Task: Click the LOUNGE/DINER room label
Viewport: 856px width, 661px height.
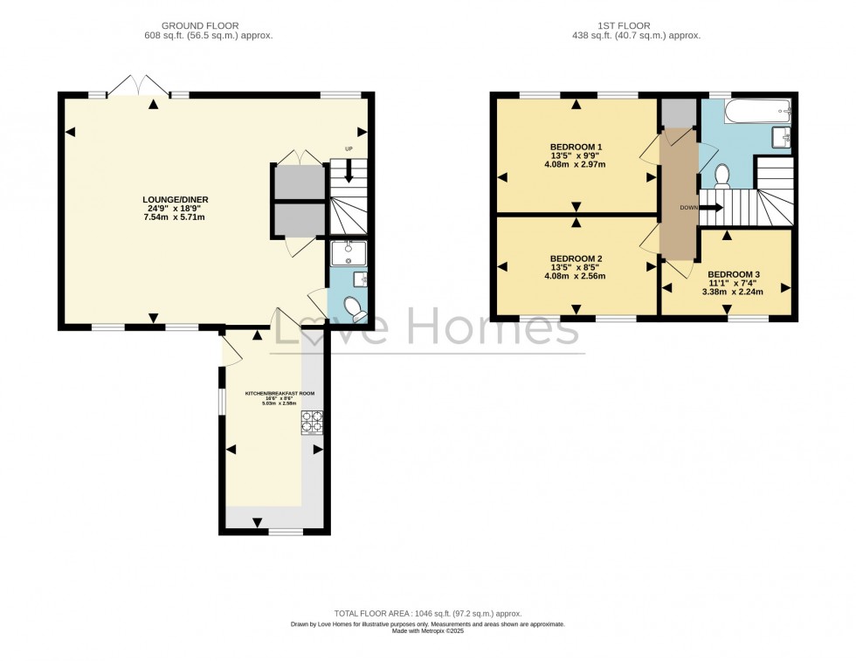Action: (x=176, y=199)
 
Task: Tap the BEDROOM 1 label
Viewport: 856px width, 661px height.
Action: (x=576, y=146)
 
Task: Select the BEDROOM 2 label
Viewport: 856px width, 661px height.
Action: (x=576, y=258)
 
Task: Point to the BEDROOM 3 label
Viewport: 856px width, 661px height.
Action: (x=733, y=274)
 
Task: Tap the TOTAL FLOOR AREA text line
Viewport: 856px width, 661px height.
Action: (x=427, y=614)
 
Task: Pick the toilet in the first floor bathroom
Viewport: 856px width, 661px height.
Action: (x=721, y=176)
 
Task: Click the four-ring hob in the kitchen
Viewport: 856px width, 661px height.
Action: (x=312, y=423)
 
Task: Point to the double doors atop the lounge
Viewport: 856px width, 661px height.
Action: (x=137, y=86)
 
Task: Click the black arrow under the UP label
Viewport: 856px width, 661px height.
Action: (x=349, y=173)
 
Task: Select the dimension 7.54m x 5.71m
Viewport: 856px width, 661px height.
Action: (x=176, y=217)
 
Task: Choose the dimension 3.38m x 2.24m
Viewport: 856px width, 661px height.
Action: (x=733, y=293)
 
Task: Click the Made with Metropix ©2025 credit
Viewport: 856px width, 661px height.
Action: (x=427, y=631)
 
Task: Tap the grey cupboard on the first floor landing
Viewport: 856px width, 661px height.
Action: (x=678, y=114)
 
